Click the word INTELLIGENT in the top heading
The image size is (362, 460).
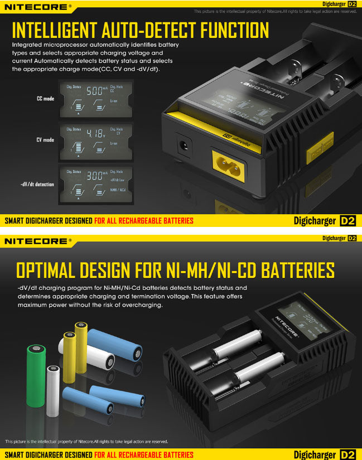54,30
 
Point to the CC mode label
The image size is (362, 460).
45,99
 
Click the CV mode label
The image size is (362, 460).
45,140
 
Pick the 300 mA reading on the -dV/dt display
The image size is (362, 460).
95,175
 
